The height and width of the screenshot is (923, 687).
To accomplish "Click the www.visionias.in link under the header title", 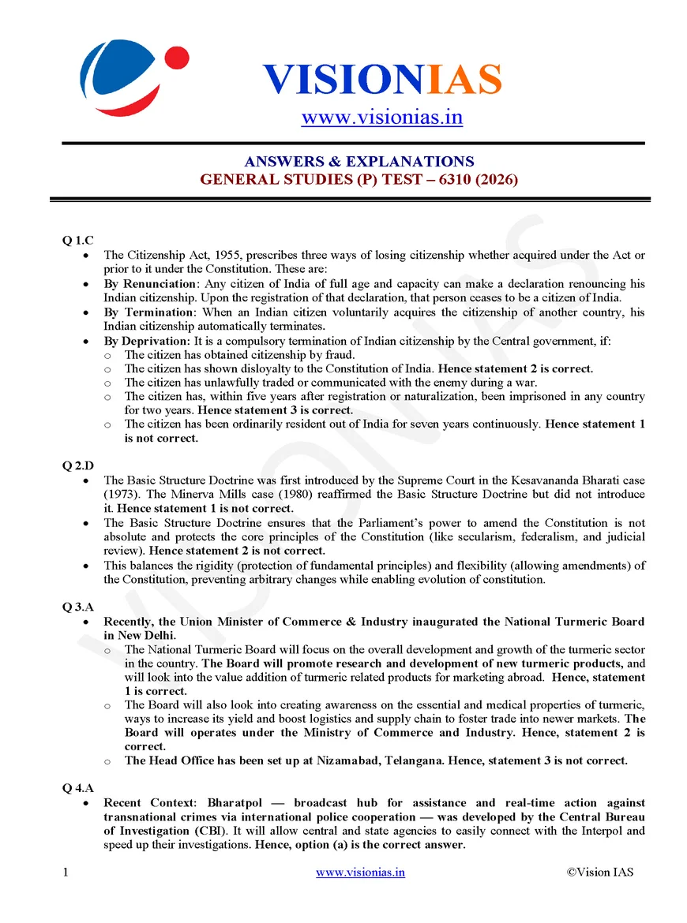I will coord(381,117).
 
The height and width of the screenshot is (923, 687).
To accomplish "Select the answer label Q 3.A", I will coord(79,607).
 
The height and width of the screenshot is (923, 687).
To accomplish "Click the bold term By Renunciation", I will coord(149,283).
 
